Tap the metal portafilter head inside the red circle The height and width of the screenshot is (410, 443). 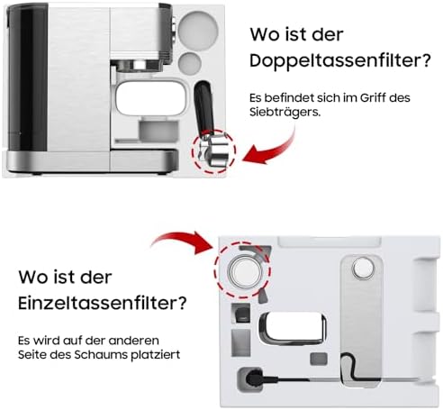point(213,149)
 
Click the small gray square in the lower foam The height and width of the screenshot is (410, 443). point(318,358)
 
